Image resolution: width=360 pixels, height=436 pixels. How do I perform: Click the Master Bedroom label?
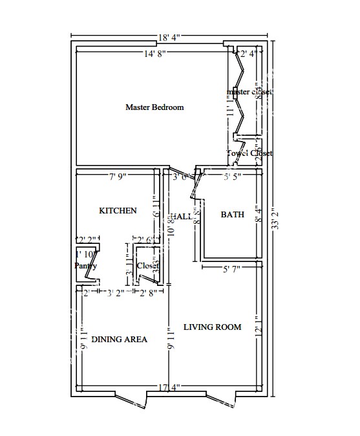[154, 107]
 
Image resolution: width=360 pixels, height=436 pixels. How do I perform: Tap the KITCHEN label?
[117, 211]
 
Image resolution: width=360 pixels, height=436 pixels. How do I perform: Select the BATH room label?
[233, 215]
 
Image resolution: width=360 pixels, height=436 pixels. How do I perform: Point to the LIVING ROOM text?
[212, 327]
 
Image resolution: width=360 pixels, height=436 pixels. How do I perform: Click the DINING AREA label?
[119, 340]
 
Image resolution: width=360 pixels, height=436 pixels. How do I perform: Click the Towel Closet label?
[249, 153]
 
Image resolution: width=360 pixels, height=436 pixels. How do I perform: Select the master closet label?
[249, 93]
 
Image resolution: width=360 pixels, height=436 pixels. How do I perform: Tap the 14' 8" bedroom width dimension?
[155, 54]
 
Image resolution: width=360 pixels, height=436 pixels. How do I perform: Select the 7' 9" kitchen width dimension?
[117, 176]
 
